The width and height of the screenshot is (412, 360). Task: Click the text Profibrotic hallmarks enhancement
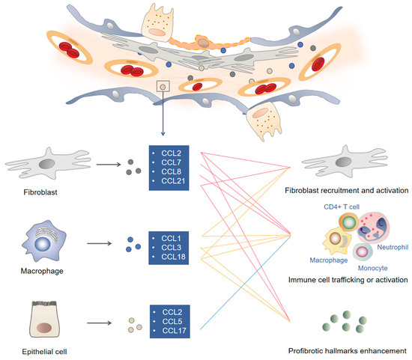click(x=351, y=350)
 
